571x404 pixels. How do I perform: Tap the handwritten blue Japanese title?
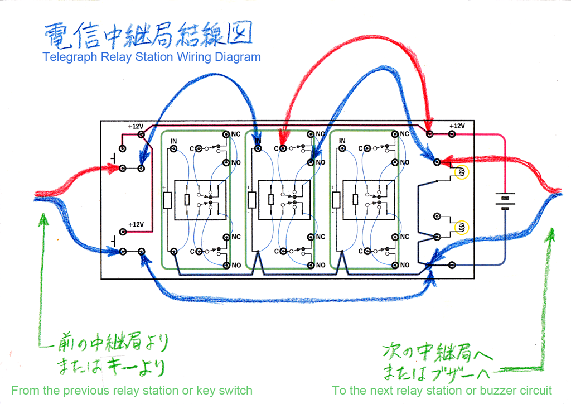tap(148, 34)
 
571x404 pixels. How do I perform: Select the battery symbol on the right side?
tap(505, 203)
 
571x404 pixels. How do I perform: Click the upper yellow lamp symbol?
tap(461, 172)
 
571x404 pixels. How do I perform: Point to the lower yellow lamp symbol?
tap(461, 227)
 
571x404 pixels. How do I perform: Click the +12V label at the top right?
tap(457, 126)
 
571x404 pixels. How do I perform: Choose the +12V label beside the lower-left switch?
tap(136, 224)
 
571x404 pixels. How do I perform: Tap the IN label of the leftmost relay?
tap(174, 141)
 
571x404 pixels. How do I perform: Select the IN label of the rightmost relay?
tap(342, 141)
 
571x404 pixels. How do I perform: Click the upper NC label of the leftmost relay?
tap(235, 134)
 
